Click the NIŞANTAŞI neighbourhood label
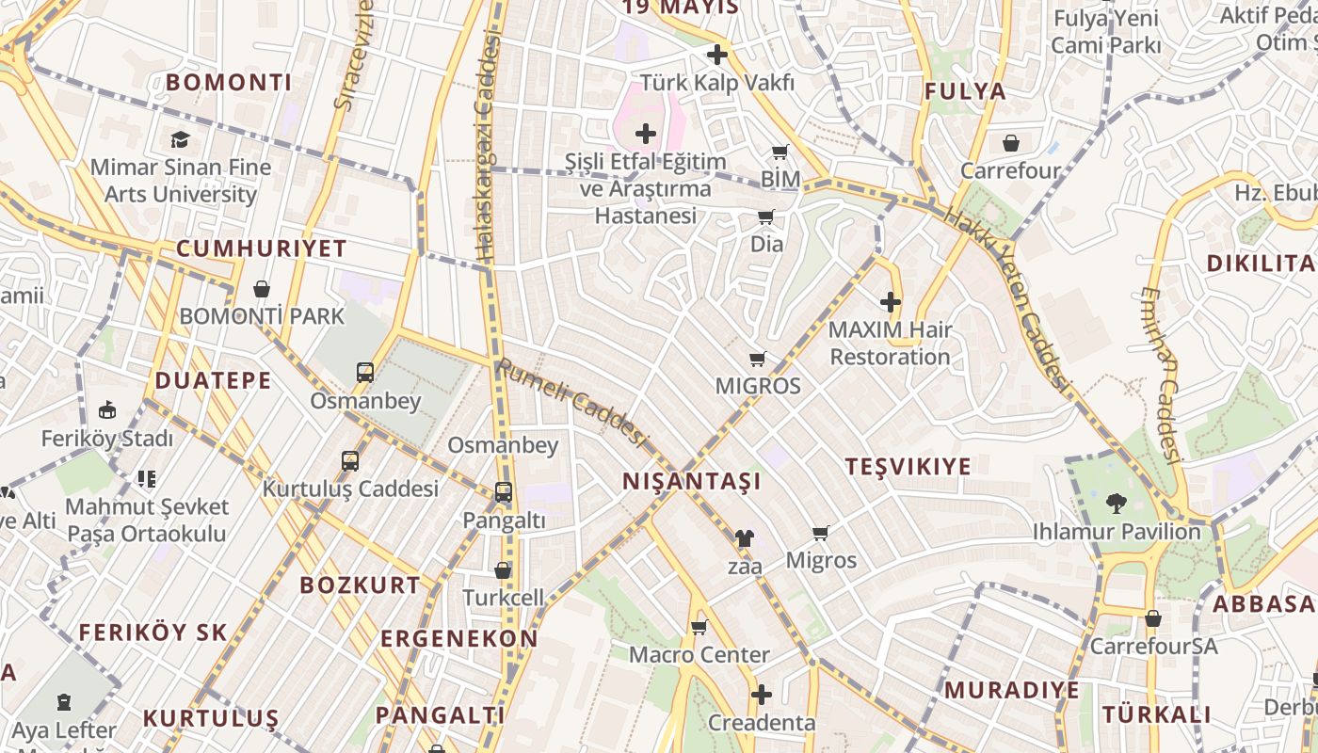pos(691,481)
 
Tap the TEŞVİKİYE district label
pos(908,467)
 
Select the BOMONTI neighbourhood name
pos(229,82)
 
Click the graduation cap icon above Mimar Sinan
pos(179,140)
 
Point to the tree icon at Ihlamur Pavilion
pos(1116,504)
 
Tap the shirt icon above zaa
pos(744,538)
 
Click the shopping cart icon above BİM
pos(780,152)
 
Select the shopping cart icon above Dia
pos(766,217)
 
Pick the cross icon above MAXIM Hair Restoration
pos(890,302)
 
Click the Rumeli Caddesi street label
pos(573,402)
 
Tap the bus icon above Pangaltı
pos(504,491)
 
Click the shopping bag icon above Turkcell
pos(503,570)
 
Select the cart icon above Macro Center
pos(699,627)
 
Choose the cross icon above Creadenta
pos(762,696)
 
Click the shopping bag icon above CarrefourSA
pos(1152,619)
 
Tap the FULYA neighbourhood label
pos(965,91)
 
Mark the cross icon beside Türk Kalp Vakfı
pos(717,55)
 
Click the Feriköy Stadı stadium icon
pos(106,410)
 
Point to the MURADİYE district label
pos(1012,690)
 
